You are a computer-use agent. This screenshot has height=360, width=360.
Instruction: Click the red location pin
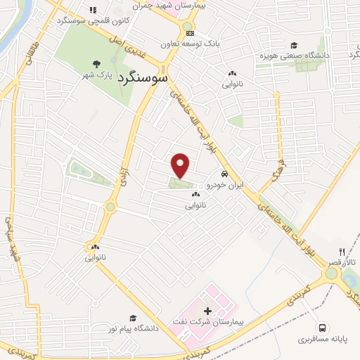pos(181,165)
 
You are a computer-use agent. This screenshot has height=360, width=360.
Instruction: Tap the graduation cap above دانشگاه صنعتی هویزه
pos(292,46)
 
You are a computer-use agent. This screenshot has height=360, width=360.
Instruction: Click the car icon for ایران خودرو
pos(224,174)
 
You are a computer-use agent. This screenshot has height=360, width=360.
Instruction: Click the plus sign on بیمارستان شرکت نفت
pos(207,310)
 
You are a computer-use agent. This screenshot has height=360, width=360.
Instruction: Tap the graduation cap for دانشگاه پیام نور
pos(132,319)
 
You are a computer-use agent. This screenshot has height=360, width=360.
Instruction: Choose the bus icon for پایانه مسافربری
pos(323,327)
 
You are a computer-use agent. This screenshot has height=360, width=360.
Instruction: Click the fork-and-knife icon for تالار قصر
pos(342,251)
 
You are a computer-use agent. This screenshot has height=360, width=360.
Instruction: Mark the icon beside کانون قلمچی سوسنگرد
pos(93,10)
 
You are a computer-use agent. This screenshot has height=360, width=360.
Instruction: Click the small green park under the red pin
pos(180,184)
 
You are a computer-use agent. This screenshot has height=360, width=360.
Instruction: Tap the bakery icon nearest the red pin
pos(195,195)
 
